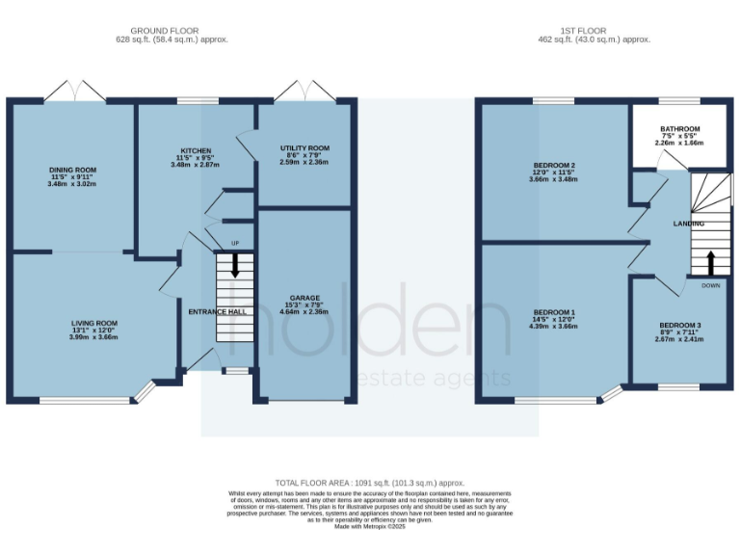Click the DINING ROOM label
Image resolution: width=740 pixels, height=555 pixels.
coord(73,170)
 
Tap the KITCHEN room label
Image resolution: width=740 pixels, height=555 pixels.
coord(197,150)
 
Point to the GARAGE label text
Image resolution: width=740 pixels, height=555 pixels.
coord(305,298)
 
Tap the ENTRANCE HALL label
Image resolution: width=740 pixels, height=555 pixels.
coord(215,312)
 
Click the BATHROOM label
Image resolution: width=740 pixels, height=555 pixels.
coord(679,128)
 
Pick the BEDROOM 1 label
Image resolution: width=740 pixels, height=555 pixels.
coord(552,312)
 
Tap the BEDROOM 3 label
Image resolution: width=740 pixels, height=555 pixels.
coord(679,325)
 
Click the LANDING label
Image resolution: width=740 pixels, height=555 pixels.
coord(689,224)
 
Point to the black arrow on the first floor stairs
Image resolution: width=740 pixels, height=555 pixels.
coord(710,261)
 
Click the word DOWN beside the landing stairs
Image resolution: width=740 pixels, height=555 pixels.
coord(710,285)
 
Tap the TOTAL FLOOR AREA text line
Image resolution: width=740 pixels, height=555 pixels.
coord(370,483)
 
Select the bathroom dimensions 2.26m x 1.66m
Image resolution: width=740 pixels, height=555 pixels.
coord(679,143)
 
